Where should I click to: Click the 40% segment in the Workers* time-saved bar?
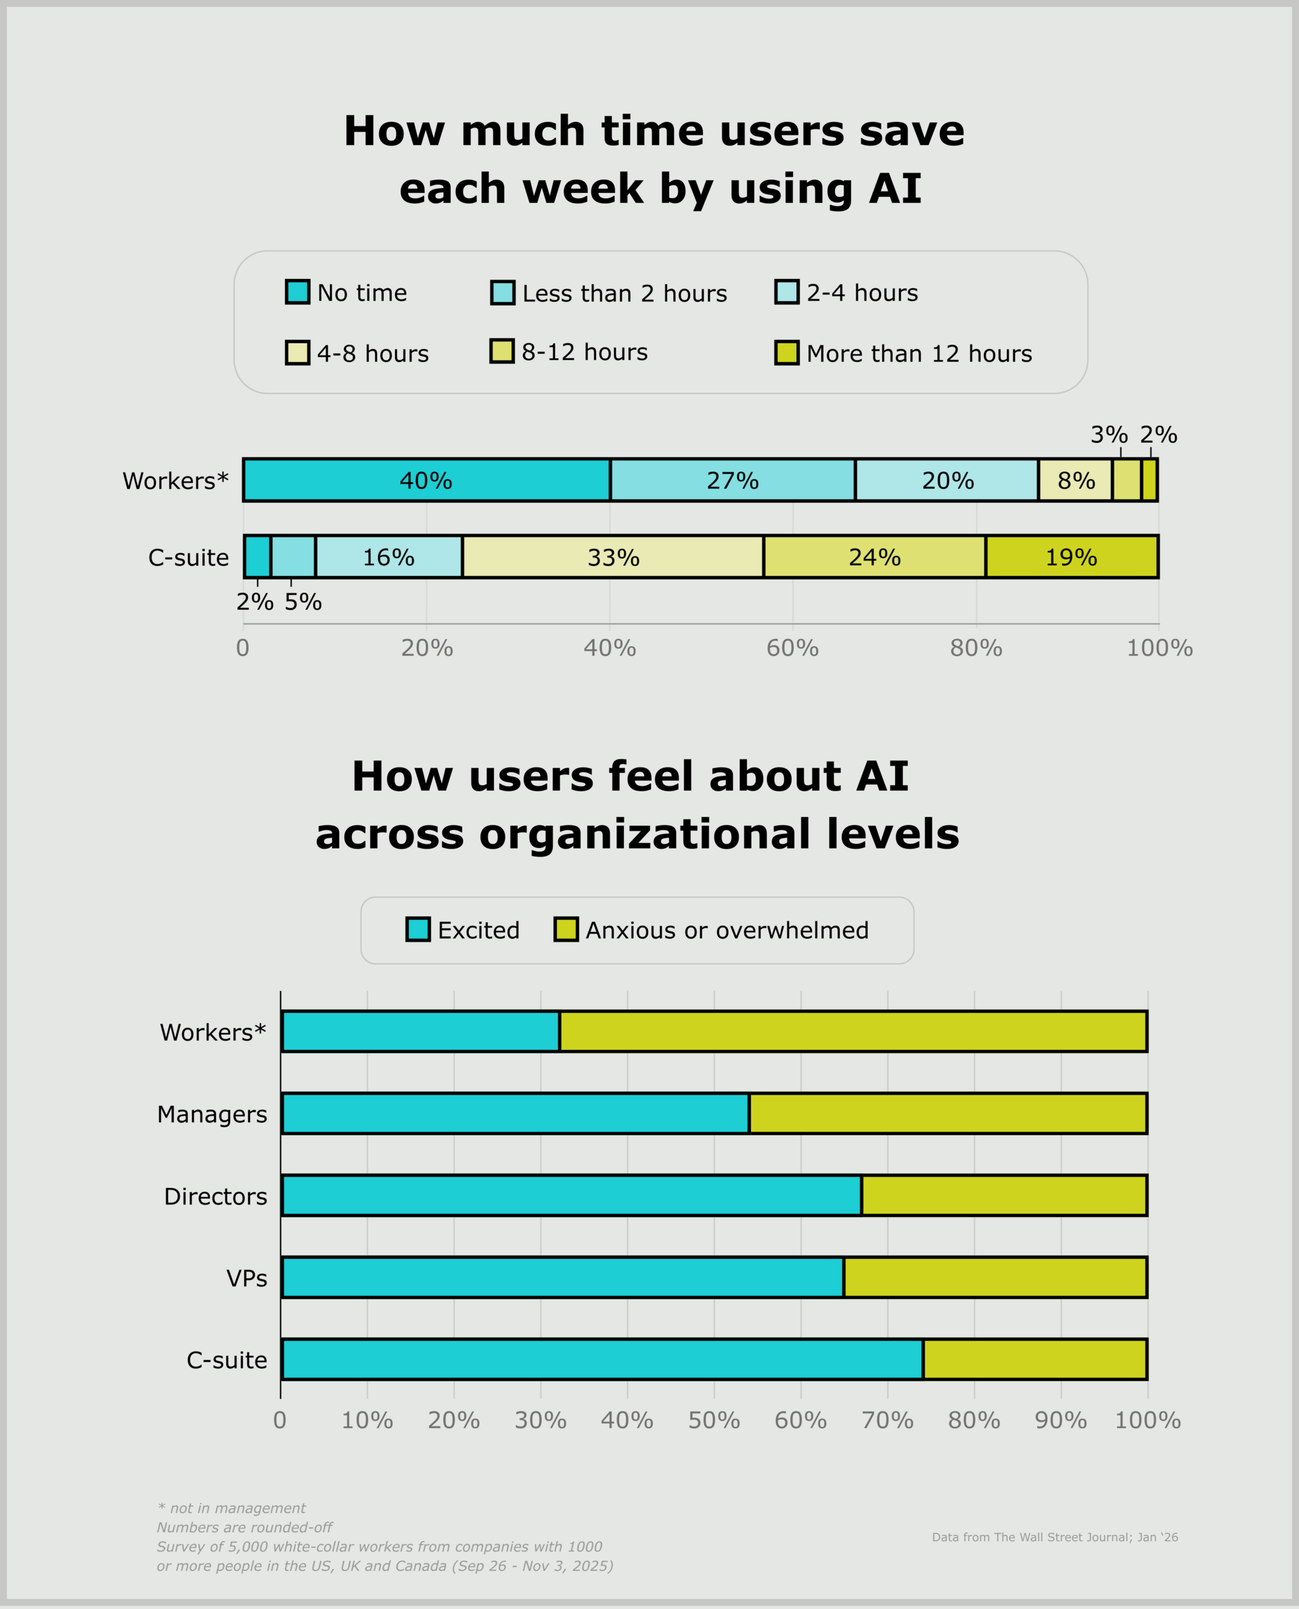426,480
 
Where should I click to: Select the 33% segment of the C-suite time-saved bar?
613,557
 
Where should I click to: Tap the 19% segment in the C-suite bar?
1072,557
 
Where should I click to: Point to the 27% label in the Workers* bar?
733,481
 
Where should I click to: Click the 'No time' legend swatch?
297,292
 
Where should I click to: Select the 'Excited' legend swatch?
417,929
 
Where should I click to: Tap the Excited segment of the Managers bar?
515,1114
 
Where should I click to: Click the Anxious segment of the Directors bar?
1003,1195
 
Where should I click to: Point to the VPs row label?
246,1278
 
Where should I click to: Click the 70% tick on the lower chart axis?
888,1420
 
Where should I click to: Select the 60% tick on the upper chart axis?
792,648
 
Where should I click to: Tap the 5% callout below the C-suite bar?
302,602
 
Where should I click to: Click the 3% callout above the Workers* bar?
1108,435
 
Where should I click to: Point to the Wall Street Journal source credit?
1054,1537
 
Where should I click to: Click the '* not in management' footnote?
231,1508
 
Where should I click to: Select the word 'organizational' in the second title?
644,834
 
